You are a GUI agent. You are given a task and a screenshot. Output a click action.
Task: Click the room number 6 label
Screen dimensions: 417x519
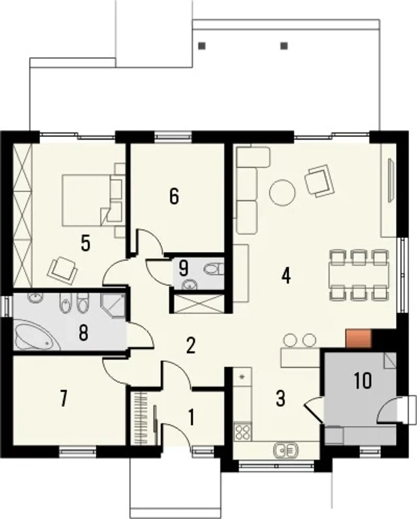(x=174, y=196)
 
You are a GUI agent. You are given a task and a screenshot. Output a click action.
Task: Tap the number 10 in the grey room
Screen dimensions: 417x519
(x=363, y=381)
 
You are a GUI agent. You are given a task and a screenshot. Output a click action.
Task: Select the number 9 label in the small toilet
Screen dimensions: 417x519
(x=183, y=268)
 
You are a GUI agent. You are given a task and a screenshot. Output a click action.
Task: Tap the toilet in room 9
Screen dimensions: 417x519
(x=214, y=269)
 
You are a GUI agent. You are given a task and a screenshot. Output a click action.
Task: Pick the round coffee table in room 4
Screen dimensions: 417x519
(x=282, y=193)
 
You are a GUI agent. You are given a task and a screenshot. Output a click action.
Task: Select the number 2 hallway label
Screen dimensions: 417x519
(x=191, y=346)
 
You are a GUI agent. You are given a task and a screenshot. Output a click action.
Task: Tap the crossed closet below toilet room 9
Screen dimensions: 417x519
(x=199, y=304)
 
